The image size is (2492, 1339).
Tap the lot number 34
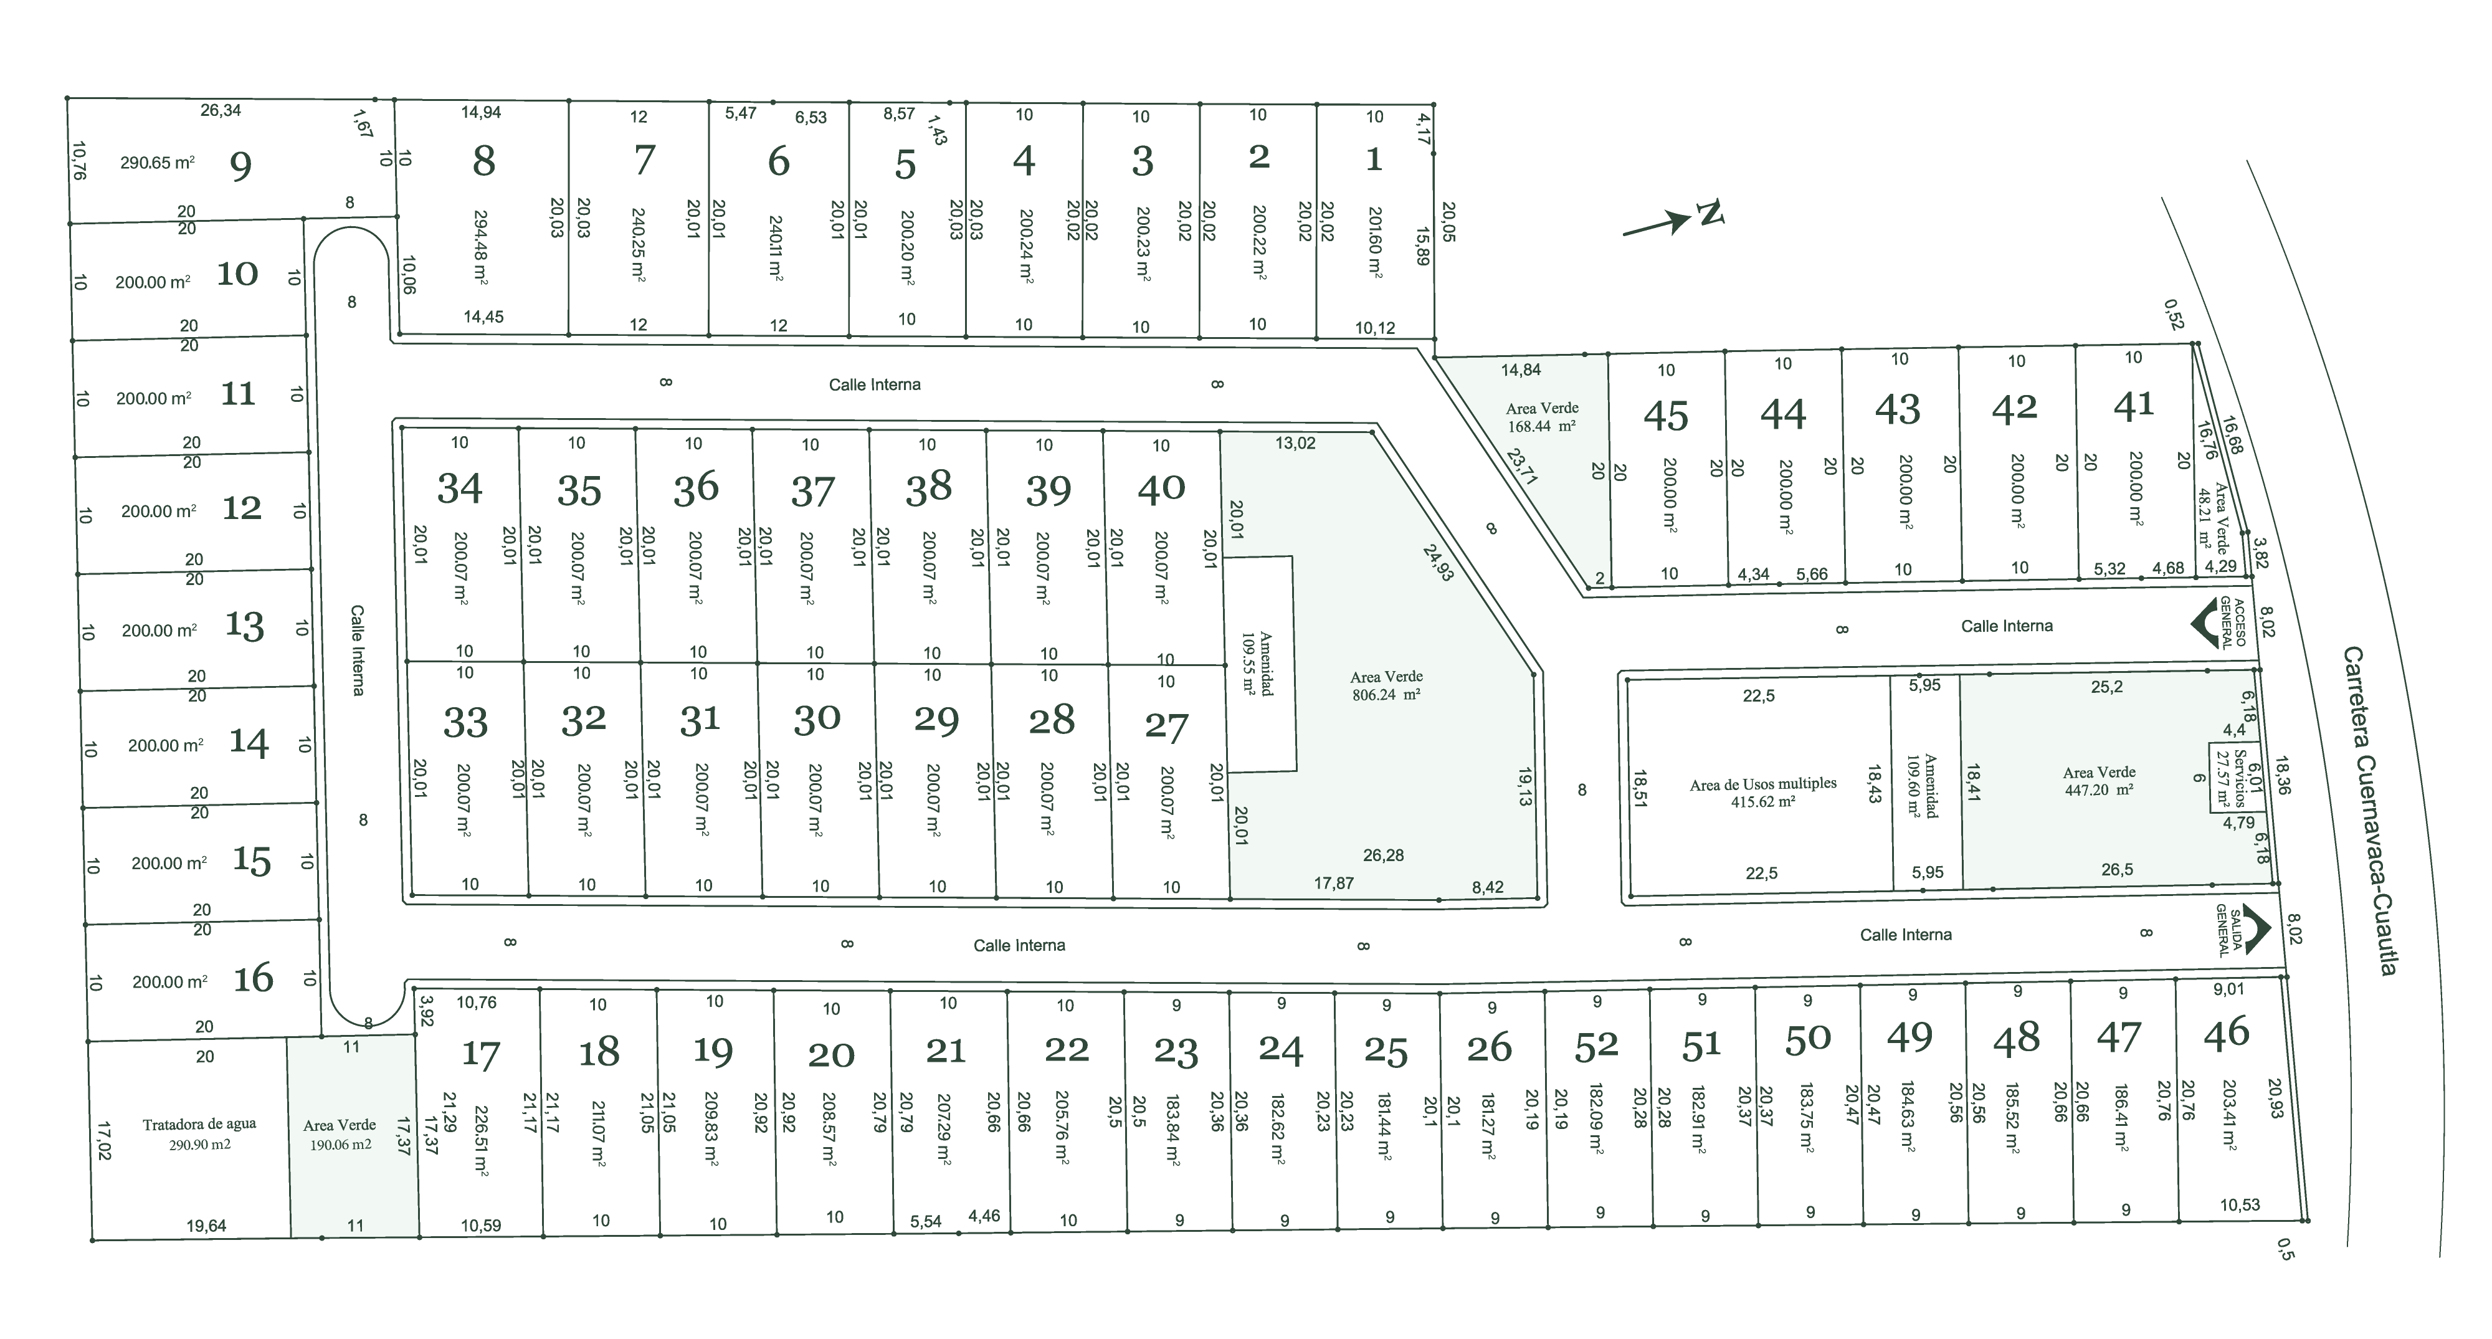460,488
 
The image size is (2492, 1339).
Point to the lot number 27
1166,727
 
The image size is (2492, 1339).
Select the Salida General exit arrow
2256,930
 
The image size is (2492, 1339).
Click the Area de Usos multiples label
1762,791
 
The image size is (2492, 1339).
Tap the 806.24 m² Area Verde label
1386,685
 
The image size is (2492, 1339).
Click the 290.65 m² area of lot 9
157,163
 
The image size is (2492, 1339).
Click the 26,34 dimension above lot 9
221,110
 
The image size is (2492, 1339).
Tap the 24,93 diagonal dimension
1437,562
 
